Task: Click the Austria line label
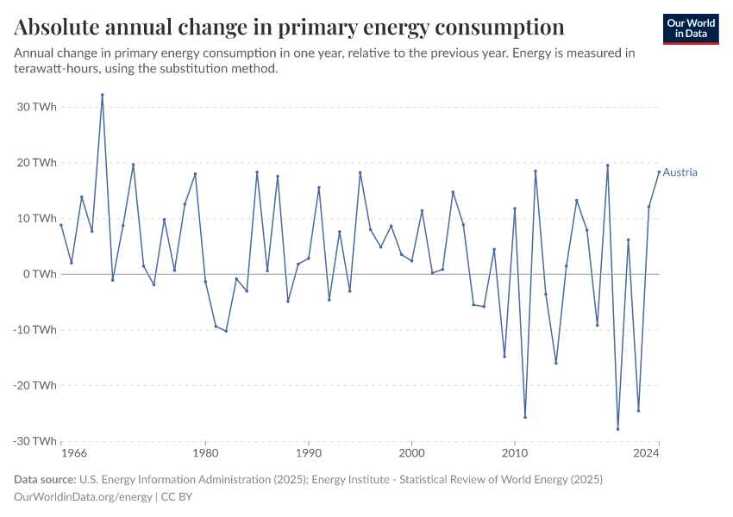680,172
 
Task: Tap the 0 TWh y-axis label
41,274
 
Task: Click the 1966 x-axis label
74,452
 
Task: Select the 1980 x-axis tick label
205,452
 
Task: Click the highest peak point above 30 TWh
102,95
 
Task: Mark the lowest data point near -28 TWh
617,429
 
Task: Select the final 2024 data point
659,171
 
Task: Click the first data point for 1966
61,225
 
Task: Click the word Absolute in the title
60,28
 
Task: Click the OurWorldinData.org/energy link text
84,497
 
